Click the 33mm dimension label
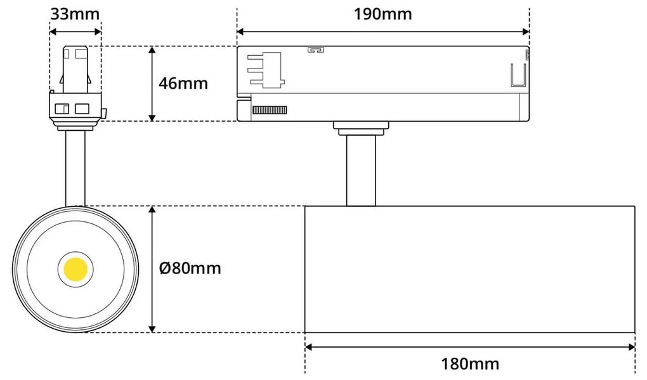(x=74, y=13)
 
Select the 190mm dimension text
(x=382, y=13)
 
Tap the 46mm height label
(x=184, y=83)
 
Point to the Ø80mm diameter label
(x=190, y=268)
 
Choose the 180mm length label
(x=469, y=364)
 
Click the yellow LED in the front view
(x=75, y=268)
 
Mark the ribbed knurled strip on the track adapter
(x=270, y=110)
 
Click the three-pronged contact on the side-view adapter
(x=266, y=69)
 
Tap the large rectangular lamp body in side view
(x=469, y=269)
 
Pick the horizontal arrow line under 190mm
(x=382, y=31)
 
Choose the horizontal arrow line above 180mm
(x=469, y=346)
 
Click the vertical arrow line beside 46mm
(x=152, y=83)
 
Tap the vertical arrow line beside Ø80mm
(x=152, y=268)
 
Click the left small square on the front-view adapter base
(x=63, y=108)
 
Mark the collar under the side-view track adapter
(x=361, y=129)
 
